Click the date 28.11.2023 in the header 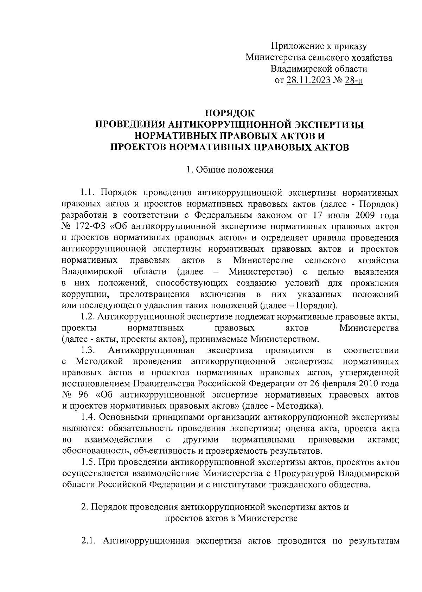[x=308, y=80]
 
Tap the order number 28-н [x=353, y=80]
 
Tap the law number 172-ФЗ [x=90, y=226]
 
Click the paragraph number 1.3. [x=88, y=350]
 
